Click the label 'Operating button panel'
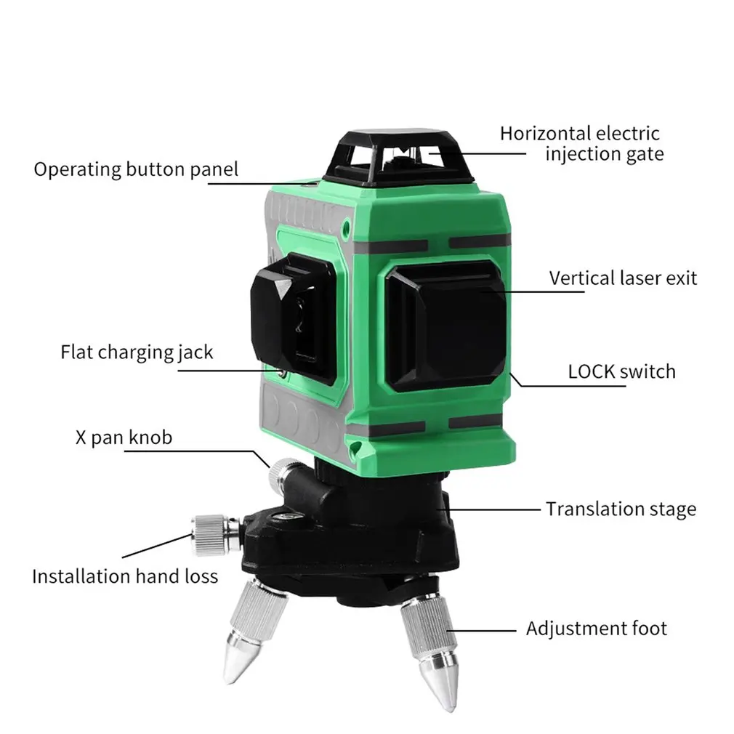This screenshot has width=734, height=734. [136, 169]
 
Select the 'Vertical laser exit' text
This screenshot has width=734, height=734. [623, 278]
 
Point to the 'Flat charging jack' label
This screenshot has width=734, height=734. [137, 353]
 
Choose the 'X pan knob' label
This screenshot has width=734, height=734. [124, 437]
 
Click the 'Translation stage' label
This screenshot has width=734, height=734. [621, 509]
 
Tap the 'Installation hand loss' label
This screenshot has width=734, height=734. [124, 576]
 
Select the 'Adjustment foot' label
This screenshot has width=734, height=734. [596, 628]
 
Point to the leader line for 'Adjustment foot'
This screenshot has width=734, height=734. [480, 629]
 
